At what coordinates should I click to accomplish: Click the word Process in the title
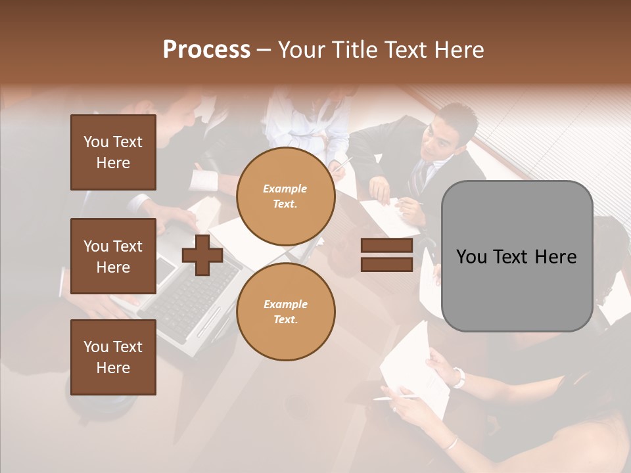[206, 49]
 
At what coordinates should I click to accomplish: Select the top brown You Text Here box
[113, 152]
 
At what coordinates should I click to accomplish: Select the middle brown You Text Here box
[113, 256]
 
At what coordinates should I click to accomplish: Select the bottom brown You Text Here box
[113, 357]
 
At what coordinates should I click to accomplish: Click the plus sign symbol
[202, 255]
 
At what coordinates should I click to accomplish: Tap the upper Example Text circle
[286, 196]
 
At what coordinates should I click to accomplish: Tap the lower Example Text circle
[286, 311]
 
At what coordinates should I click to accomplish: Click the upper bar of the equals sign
[387, 246]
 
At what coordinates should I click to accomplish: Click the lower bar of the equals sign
[387, 265]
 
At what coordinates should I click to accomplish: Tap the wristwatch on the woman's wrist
[458, 378]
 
